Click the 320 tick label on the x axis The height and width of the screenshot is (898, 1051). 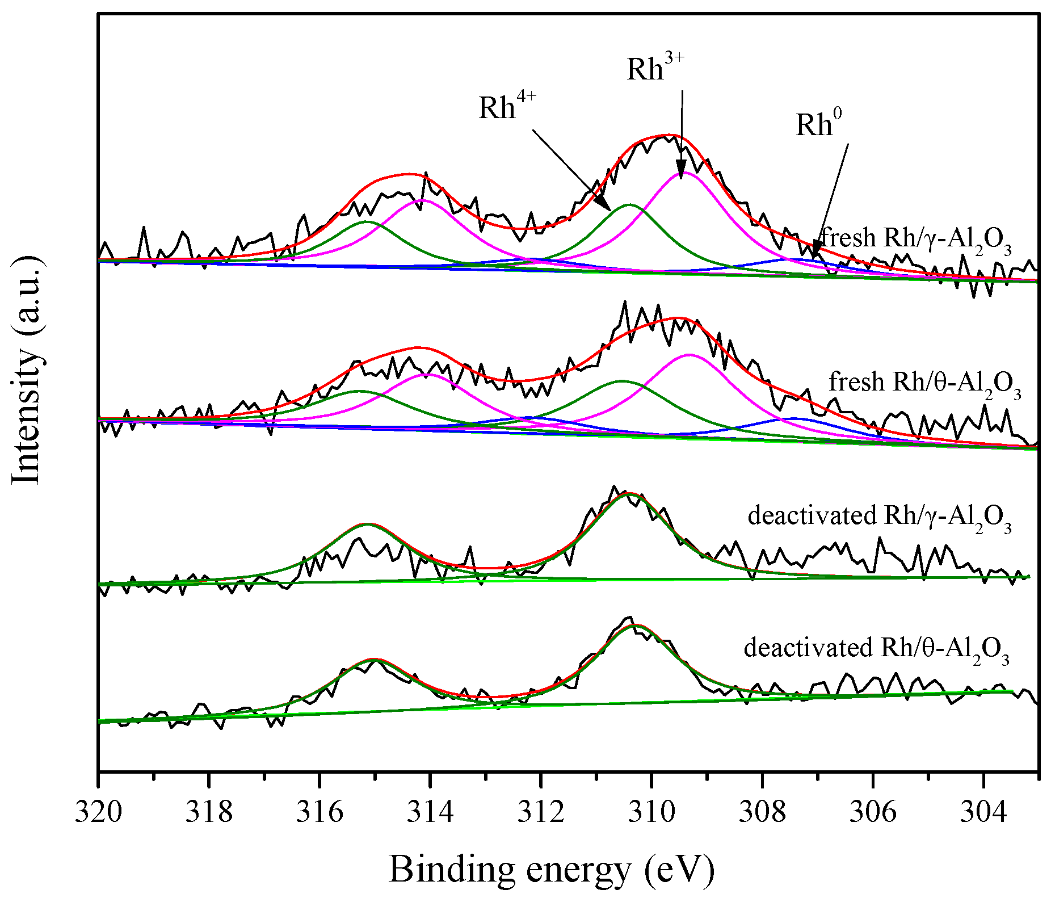(x=98, y=812)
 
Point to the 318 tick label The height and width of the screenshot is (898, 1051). (x=209, y=812)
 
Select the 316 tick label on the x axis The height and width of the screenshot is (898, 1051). (x=319, y=812)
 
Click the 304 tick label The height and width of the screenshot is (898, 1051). (x=983, y=812)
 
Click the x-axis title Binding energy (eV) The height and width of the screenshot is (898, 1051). (x=551, y=869)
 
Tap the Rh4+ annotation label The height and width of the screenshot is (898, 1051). (x=507, y=106)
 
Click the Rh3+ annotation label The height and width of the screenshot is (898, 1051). (x=655, y=68)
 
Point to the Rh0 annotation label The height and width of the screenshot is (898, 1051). (x=818, y=124)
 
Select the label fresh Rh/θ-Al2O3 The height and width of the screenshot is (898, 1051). (x=924, y=383)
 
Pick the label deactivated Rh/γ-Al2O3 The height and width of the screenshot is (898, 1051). (x=879, y=517)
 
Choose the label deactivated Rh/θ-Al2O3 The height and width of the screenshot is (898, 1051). (x=876, y=649)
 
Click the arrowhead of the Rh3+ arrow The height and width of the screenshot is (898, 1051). (x=680, y=173)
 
